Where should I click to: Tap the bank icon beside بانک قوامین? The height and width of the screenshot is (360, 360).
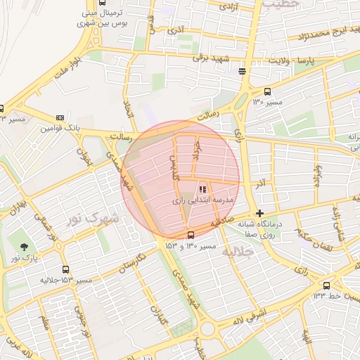click(x=60, y=118)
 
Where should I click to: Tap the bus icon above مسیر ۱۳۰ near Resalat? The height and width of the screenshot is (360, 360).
click(x=267, y=91)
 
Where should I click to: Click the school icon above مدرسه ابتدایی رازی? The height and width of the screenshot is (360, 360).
click(x=203, y=189)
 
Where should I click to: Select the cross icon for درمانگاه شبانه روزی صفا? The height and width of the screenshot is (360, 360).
click(x=260, y=213)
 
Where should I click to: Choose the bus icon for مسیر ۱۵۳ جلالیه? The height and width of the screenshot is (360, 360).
click(x=65, y=269)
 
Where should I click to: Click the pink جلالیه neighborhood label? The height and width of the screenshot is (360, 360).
click(x=236, y=250)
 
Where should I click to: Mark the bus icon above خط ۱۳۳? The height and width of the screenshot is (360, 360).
click(x=326, y=285)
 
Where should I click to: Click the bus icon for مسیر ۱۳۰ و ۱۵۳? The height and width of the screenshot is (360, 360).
click(x=191, y=235)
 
